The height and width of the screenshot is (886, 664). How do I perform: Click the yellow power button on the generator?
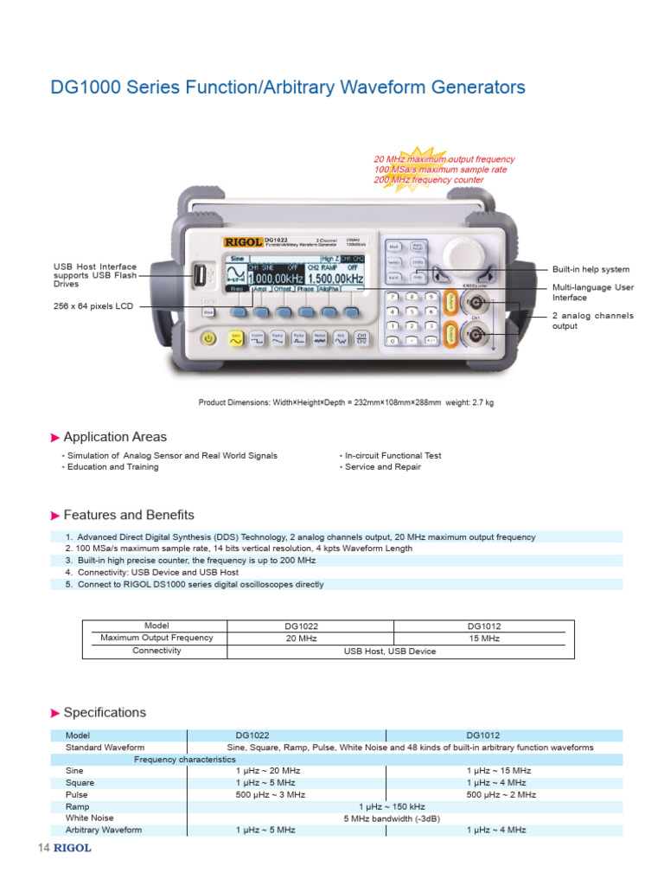[x=208, y=338]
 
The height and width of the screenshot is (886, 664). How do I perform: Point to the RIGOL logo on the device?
[x=243, y=242]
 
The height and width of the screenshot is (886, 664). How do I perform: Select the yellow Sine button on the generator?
[x=235, y=338]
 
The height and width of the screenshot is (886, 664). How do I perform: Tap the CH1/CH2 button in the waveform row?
[x=361, y=338]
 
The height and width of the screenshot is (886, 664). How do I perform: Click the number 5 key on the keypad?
[x=412, y=311]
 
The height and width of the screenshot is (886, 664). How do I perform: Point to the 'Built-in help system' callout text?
[x=591, y=270]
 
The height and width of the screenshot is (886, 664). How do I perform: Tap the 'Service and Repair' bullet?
[x=382, y=467]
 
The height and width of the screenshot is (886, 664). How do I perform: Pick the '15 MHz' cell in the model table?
[x=484, y=638]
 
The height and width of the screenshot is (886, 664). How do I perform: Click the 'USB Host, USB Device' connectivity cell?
[x=390, y=652]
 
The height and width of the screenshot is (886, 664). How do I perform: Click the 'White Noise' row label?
[x=90, y=818]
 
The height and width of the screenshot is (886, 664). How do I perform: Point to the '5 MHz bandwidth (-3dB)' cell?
[x=390, y=818]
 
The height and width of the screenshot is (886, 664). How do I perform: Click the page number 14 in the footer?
[x=44, y=848]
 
